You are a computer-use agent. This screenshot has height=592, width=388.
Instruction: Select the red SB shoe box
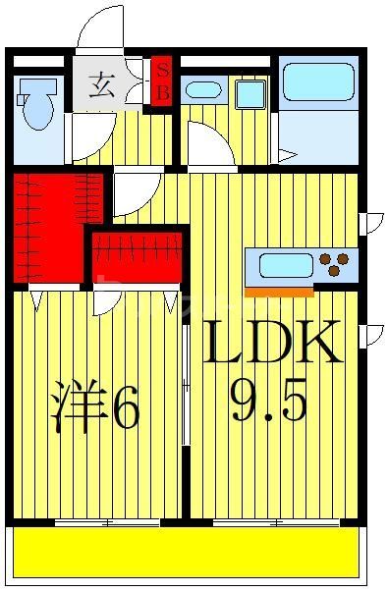(163, 81)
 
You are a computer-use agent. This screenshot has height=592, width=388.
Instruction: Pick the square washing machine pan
(249, 94)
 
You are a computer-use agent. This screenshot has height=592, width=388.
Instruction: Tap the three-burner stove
(334, 264)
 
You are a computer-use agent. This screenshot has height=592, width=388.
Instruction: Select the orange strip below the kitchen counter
(279, 292)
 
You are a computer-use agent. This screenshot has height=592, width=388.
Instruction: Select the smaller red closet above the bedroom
(136, 258)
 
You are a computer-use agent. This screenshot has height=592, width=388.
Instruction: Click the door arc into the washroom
(209, 145)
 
